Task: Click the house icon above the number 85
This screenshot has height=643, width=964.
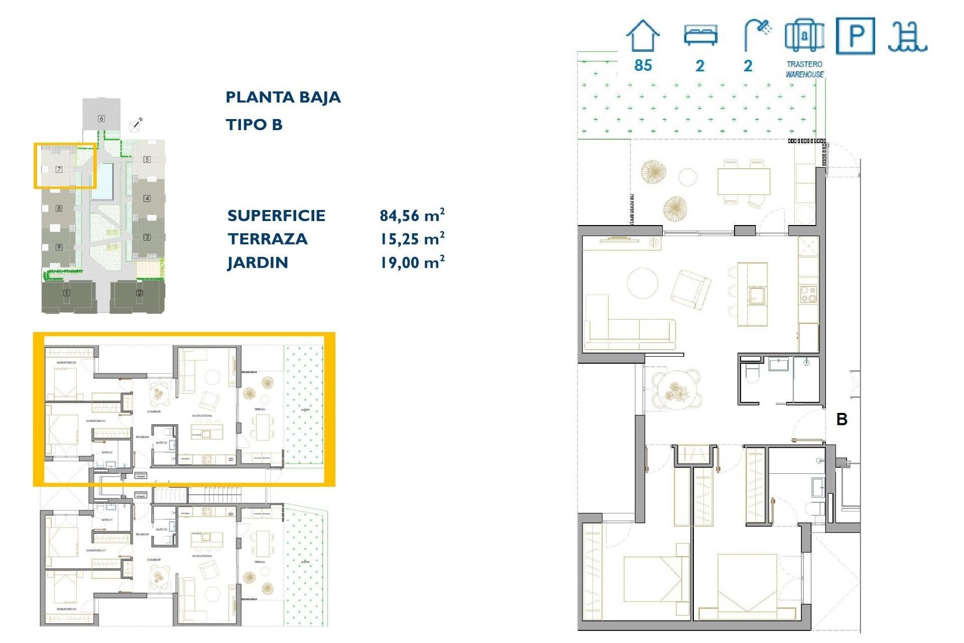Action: click(643, 36)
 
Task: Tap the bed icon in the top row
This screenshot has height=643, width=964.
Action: click(700, 35)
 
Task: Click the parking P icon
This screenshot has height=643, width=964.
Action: click(855, 36)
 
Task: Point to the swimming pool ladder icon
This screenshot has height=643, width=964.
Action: click(907, 37)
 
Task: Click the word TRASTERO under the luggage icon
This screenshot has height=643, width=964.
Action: click(804, 64)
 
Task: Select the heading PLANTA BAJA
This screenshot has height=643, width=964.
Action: click(283, 97)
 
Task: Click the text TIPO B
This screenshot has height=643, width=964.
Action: click(254, 125)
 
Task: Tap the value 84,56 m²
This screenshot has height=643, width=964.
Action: click(412, 216)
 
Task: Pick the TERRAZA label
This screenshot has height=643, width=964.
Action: click(267, 239)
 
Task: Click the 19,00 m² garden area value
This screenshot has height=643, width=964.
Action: click(412, 262)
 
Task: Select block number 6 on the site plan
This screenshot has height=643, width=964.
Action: click(101, 119)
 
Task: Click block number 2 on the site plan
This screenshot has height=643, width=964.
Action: click(139, 293)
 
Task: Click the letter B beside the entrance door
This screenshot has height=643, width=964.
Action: click(842, 419)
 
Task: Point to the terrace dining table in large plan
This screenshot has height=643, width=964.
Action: click(744, 181)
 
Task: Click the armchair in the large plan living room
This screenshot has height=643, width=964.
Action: click(691, 289)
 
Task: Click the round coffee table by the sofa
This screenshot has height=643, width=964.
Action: click(642, 283)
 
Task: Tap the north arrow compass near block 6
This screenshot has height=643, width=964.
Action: click(136, 125)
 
